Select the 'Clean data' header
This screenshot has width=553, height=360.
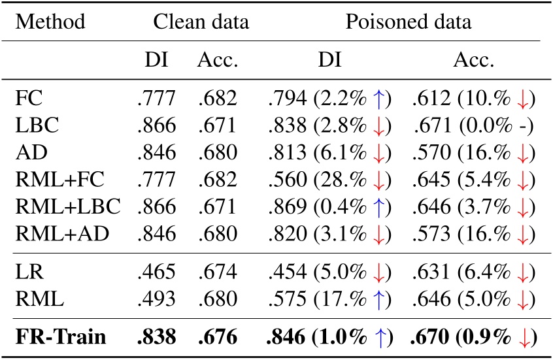(201, 22)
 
